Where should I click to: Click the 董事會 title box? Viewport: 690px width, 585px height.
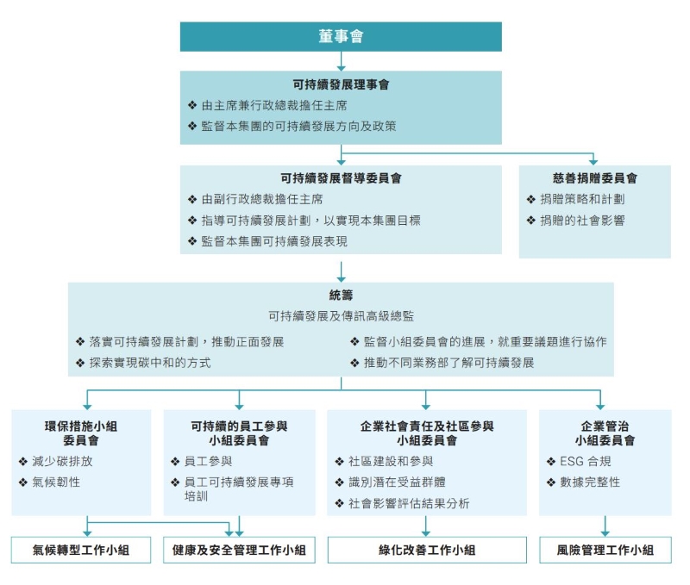341,36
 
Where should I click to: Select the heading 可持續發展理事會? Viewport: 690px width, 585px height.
341,84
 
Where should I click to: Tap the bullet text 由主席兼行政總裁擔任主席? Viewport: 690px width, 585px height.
274,105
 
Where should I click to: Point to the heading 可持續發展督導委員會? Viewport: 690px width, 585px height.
341,178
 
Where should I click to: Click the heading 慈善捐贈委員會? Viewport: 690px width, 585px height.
595,178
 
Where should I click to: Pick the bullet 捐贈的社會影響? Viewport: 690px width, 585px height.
582,221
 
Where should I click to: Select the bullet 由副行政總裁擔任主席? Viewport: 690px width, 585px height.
262,199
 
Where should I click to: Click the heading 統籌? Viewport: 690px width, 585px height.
341,295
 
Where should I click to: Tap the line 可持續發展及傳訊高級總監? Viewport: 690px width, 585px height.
341,316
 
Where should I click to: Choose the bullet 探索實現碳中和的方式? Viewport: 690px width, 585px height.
150,363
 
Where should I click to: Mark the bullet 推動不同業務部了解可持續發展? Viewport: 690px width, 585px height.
448,363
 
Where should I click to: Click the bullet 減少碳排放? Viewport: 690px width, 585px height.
62,461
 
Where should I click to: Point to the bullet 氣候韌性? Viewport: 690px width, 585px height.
56,482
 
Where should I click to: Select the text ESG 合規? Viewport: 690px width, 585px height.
586,461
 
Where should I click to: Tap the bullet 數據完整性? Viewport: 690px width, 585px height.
590,482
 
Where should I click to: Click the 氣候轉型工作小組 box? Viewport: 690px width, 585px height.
81,550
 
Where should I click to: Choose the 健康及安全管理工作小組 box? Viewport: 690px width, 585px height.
239,550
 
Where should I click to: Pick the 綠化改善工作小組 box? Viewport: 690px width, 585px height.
427,550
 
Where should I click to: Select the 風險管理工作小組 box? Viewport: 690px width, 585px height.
605,550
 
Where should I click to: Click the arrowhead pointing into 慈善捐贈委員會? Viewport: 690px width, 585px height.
593,161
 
